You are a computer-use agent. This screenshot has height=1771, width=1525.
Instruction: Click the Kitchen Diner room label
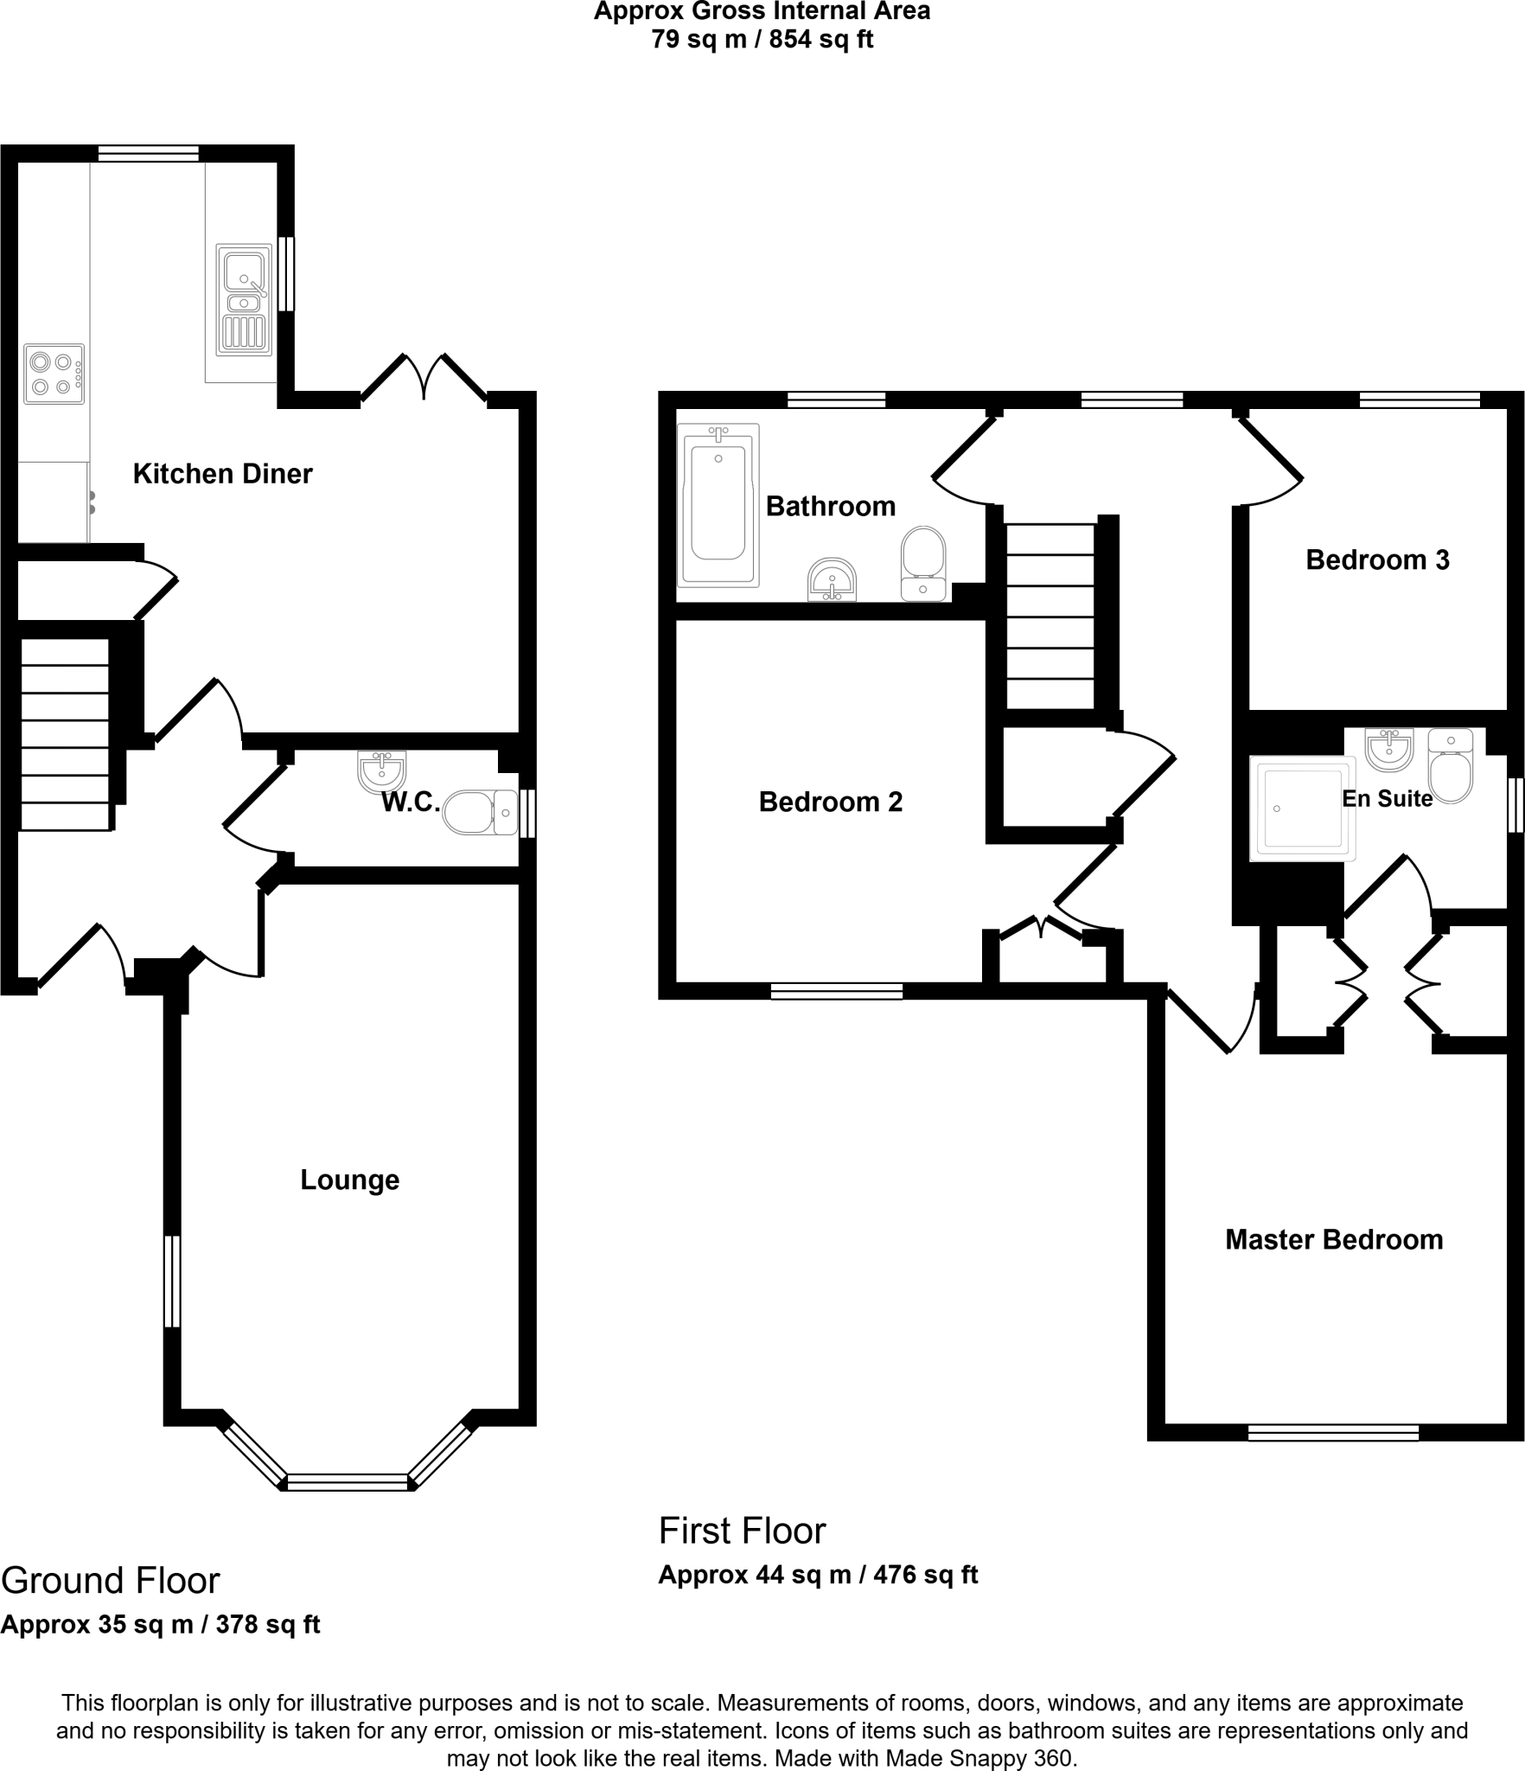pos(222,474)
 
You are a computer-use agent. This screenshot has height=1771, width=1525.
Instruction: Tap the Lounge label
pos(350,1180)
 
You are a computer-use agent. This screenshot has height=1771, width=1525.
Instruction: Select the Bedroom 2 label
pos(831,802)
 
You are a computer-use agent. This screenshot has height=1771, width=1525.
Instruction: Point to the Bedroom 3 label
pos(1377,560)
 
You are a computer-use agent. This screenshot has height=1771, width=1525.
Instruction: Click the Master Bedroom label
pos(1334,1240)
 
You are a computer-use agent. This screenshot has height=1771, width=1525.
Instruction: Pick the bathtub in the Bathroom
pos(718,505)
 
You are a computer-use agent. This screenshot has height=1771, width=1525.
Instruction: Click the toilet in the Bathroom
pos(923,564)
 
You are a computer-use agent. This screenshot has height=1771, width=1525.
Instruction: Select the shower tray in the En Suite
pos(1303,809)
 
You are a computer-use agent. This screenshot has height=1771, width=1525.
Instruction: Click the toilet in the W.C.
pos(481,812)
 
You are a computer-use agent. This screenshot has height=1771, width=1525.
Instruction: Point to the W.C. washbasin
pos(381,771)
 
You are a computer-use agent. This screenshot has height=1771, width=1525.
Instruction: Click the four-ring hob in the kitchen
pos(54,374)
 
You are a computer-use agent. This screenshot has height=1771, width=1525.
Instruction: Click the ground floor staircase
pos(66,734)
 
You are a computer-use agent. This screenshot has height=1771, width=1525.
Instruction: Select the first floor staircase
pos(1050,616)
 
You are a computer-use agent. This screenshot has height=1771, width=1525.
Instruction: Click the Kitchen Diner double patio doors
pos(424,378)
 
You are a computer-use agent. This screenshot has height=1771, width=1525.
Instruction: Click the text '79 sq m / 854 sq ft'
pos(762,40)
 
